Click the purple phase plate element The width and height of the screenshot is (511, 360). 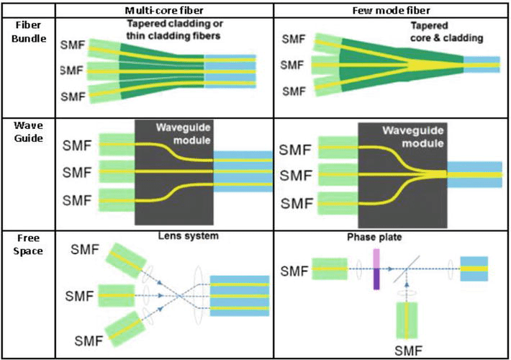coord(376,269)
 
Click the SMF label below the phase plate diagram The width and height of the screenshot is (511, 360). coord(409,351)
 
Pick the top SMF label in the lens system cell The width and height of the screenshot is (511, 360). coord(88,248)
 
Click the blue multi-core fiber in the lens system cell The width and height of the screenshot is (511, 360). coord(241,294)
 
